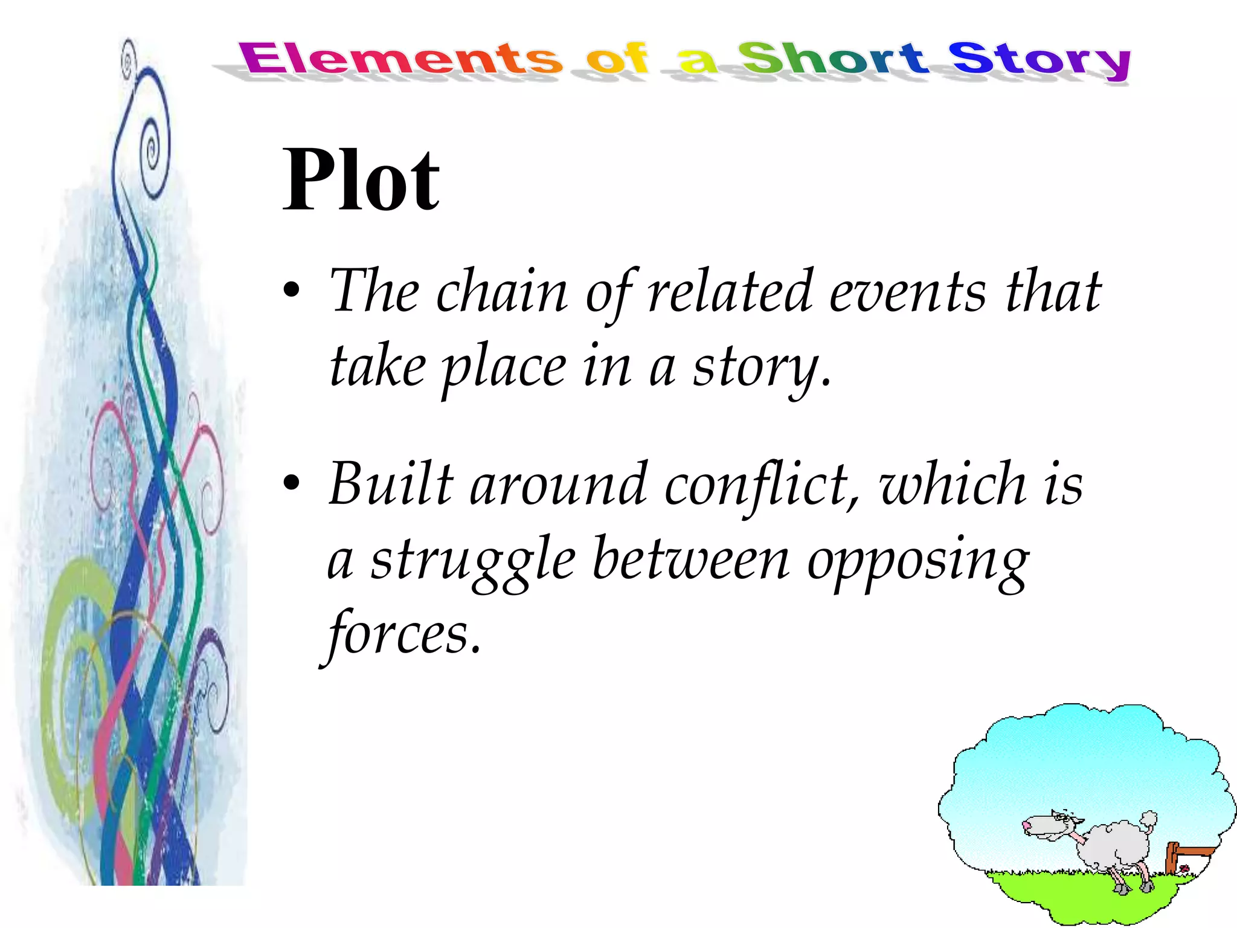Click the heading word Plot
tap(361, 180)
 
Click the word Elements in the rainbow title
tap(400, 59)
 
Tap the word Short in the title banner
tap(832, 59)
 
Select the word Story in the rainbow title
tap(1039, 60)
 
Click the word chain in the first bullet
tap(501, 292)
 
